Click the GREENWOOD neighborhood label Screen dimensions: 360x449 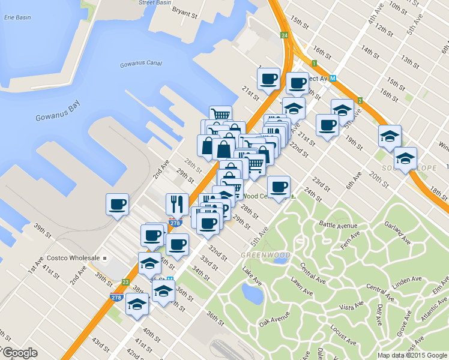pos(265,255)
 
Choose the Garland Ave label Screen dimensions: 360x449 pos(397,233)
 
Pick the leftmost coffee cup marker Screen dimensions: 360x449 pos(117,204)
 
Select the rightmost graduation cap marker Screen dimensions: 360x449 pos(406,158)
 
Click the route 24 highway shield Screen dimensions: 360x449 pos(284,36)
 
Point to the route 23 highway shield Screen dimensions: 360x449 pos(125,282)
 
